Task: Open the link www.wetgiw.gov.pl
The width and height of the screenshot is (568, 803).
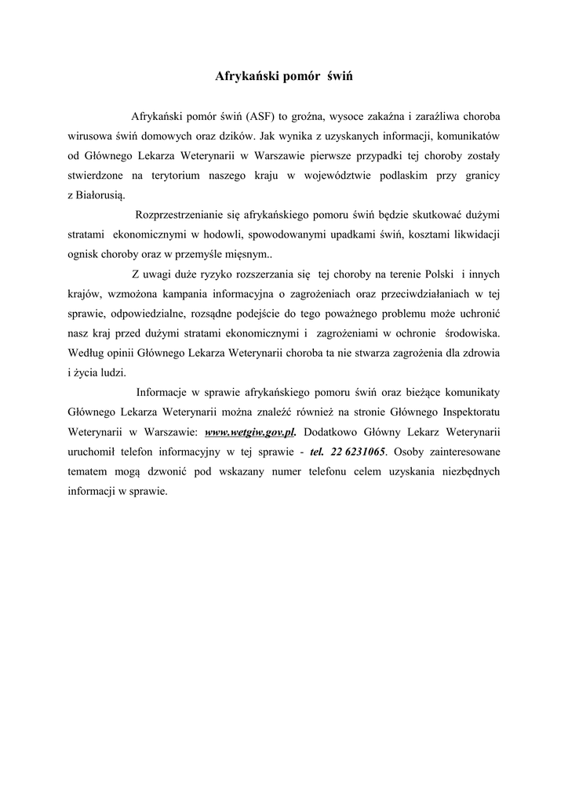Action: pyautogui.click(x=249, y=432)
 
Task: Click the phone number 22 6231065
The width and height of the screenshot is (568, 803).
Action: pyautogui.click(x=358, y=452)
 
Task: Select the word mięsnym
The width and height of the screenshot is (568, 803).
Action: pyautogui.click(x=247, y=254)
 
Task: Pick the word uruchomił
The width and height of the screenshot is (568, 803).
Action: pyautogui.click(x=93, y=452)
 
